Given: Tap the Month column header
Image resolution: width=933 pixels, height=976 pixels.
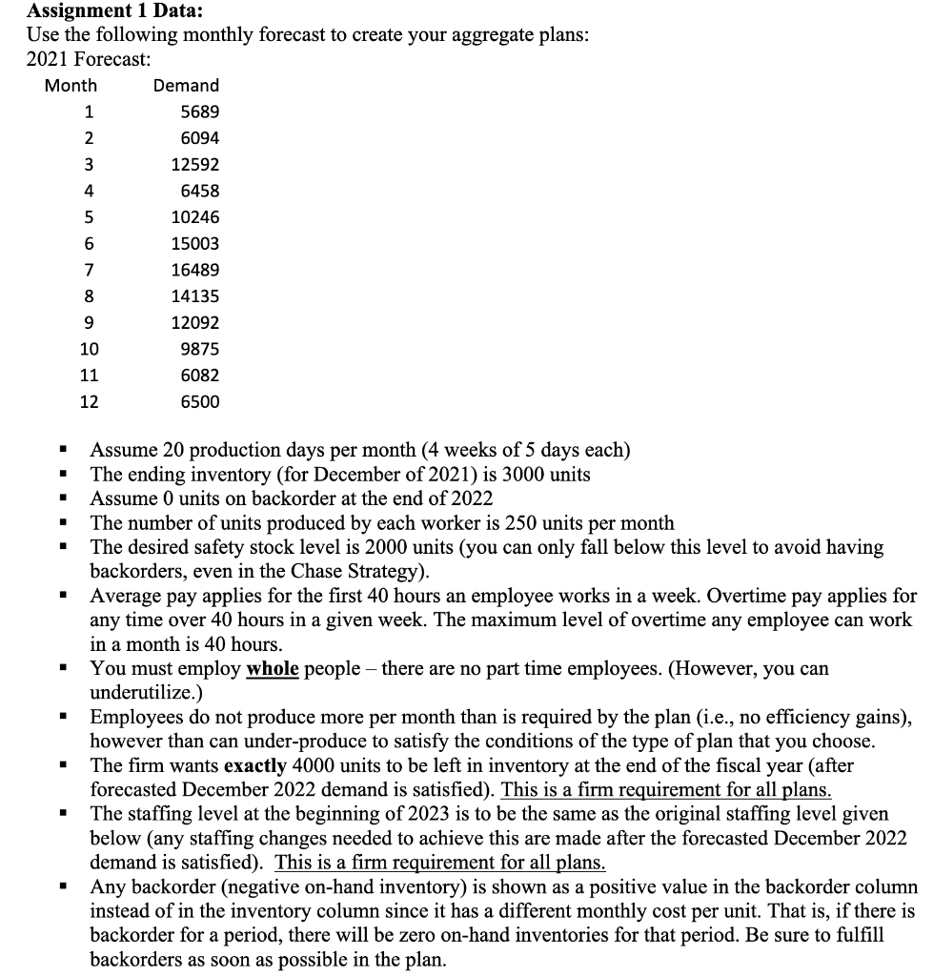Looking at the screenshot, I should point(71,86).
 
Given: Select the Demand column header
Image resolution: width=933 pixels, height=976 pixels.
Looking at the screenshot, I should point(186,86).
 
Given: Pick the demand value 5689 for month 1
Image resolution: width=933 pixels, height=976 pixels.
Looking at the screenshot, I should point(199,112).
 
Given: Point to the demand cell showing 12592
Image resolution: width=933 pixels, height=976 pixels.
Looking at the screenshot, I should point(194,164).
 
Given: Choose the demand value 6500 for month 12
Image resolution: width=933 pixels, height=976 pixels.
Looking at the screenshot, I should point(199,401).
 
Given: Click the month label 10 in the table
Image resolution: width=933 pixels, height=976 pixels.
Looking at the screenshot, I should point(88,349).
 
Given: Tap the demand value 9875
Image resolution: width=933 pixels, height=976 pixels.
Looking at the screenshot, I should point(199,349).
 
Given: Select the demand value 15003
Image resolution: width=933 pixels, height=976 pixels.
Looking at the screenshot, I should point(194,243).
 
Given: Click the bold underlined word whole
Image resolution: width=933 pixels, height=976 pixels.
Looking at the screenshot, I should point(273,669).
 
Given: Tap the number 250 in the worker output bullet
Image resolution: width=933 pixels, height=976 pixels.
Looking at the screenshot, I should point(480,523).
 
